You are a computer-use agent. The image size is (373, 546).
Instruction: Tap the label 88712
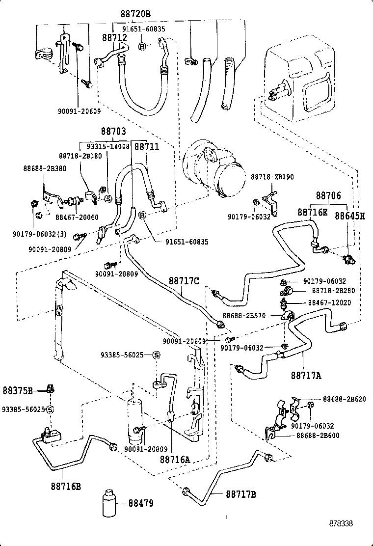coord(114,38)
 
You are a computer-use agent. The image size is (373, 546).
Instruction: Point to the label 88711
coord(147,146)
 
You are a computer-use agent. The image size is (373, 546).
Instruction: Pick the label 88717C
coord(184,281)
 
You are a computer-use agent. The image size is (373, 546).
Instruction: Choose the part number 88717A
coord(306,376)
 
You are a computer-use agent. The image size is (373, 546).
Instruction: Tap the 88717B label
coord(241,494)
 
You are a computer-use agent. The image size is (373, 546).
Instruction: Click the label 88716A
coord(174,460)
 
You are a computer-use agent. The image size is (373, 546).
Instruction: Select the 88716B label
coord(65,487)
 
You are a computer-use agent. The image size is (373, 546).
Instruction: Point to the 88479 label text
coord(141,503)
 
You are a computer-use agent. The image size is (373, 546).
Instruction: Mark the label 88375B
coord(18,391)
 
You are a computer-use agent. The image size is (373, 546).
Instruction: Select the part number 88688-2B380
coord(45,168)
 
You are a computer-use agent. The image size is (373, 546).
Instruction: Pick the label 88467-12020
coord(329,302)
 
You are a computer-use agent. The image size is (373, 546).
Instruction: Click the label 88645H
coord(350,216)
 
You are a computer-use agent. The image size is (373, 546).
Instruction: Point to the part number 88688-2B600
coord(318,436)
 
